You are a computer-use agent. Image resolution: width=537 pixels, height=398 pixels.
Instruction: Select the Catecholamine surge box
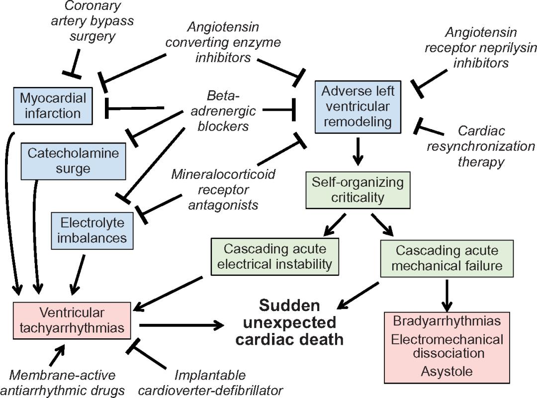tap(73, 160)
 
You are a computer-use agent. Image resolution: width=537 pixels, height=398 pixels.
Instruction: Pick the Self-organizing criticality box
tap(358, 190)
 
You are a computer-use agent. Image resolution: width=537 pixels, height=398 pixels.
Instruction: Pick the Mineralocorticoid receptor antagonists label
tap(223, 190)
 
